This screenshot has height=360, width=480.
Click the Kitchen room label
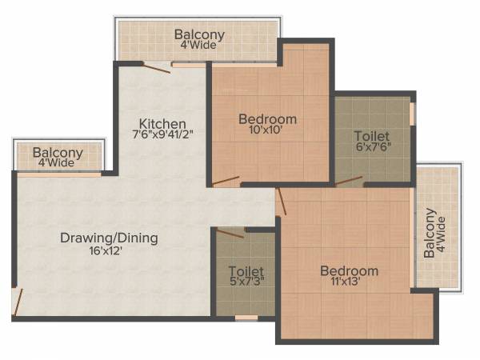[x=163, y=124]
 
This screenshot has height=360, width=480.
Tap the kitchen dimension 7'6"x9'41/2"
[x=163, y=136]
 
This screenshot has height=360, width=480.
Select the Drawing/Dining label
[x=109, y=238]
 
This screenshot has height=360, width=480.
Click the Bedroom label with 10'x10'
[x=267, y=119]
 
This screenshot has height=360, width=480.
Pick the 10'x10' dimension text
[x=267, y=131]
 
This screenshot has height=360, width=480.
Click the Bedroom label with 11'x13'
[x=349, y=270]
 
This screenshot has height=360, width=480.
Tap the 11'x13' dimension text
[x=349, y=282]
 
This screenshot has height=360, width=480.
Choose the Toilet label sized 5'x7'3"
[x=245, y=270]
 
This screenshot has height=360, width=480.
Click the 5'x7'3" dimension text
[x=245, y=282]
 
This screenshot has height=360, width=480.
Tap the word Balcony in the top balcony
[x=199, y=35]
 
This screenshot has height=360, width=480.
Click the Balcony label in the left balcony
[x=58, y=153]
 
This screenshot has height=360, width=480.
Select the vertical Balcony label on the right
[x=430, y=232]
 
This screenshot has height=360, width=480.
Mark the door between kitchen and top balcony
[x=156, y=68]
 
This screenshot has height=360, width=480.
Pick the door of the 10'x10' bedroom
[x=226, y=180]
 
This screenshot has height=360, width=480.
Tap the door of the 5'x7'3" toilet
[x=230, y=233]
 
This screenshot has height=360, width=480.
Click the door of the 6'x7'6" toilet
[x=349, y=182]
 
